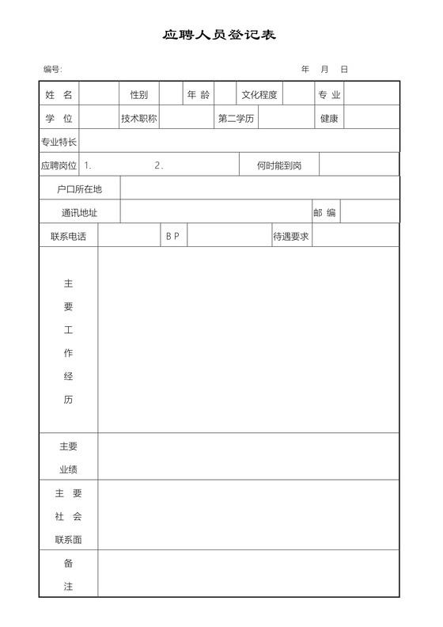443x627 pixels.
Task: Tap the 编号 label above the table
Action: [53, 70]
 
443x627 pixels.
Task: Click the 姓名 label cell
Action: [59, 95]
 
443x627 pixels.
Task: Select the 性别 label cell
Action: [139, 95]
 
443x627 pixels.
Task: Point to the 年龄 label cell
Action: [199, 95]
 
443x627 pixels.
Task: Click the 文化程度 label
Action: [259, 95]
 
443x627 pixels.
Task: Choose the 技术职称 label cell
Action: [139, 119]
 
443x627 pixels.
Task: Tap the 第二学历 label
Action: [236, 119]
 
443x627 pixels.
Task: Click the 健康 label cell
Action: [329, 119]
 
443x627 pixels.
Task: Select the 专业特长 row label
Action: [59, 142]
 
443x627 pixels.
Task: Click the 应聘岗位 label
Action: [59, 166]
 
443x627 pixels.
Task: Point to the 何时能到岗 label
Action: [279, 166]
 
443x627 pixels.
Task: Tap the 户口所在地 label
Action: [80, 189]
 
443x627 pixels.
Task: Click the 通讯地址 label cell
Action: [80, 213]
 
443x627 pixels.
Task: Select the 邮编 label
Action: [325, 213]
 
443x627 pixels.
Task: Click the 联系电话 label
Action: [68, 236]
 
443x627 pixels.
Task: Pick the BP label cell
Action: [172, 236]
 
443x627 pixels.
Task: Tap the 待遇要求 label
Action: [291, 236]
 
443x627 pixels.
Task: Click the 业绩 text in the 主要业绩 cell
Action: [68, 469]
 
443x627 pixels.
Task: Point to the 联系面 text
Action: [68, 540]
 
